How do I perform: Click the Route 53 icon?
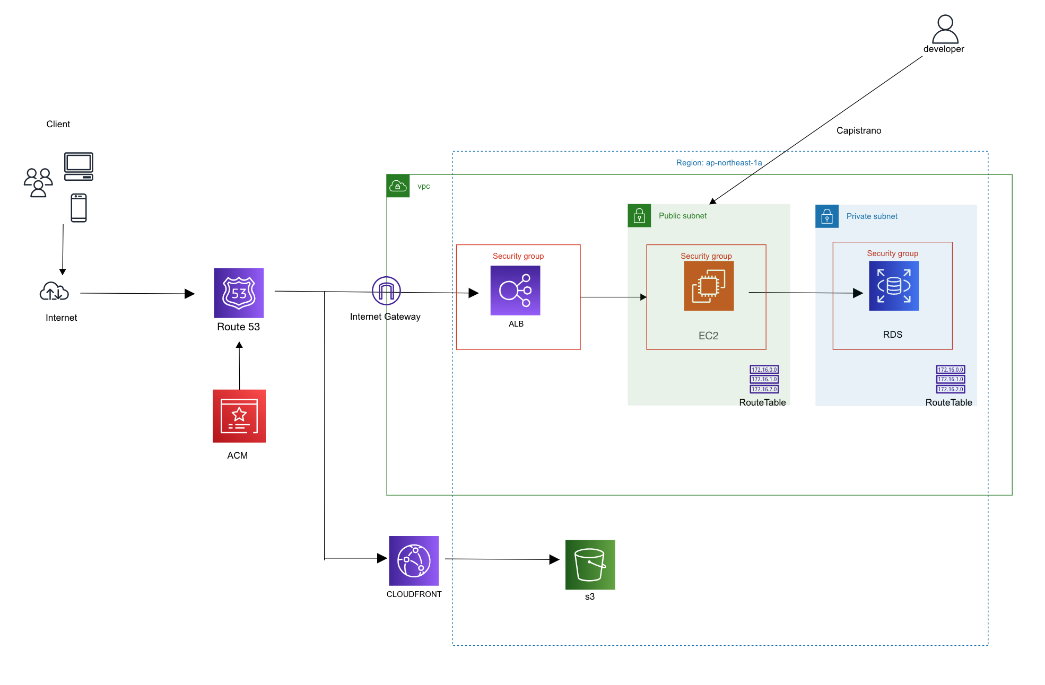pos(239,293)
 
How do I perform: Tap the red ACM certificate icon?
pos(239,416)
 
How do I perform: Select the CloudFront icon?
pos(414,560)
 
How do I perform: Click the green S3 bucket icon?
pos(590,565)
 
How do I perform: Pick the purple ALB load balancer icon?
pos(515,291)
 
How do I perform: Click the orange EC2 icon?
pos(709,286)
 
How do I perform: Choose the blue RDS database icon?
pos(894,286)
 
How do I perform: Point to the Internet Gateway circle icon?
pos(386,291)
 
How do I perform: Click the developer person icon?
pos(945,29)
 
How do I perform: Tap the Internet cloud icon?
pos(54,292)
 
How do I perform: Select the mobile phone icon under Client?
pos(79,208)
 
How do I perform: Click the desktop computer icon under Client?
pos(79,166)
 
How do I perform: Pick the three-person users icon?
pos(38,182)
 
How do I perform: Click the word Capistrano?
pos(858,130)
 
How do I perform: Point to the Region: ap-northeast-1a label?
pos(719,163)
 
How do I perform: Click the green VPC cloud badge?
pos(398,186)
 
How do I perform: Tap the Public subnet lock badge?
pos(639,216)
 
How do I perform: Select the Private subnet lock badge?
pos(826,216)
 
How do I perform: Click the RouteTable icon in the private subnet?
pos(950,379)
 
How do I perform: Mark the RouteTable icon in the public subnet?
pos(764,379)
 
